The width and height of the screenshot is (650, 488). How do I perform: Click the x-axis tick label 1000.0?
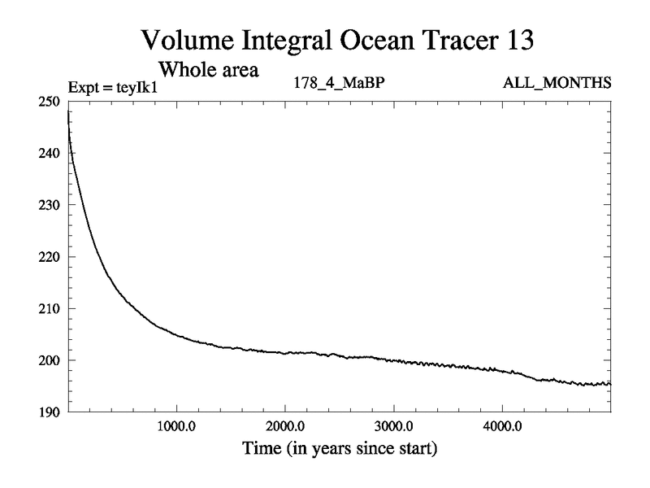[x=176, y=426]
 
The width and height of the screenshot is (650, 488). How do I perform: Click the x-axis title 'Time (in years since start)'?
[x=339, y=447]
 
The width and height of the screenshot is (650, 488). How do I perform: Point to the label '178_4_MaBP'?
[x=336, y=83]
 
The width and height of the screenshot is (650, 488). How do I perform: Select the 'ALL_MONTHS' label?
[x=557, y=83]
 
